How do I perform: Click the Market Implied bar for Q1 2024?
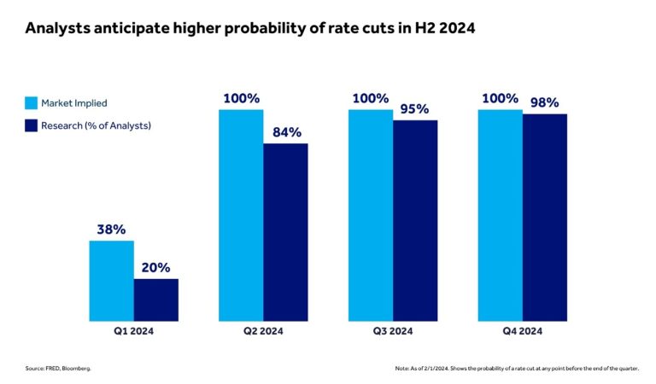111,281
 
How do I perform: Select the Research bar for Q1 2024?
156,300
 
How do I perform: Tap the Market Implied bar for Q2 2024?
241,215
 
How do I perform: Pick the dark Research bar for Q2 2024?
285,232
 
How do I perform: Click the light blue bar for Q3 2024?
371,215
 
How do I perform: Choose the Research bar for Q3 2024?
415,220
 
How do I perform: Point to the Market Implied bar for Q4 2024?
500,215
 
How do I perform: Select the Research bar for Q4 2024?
545,217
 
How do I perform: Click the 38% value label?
111,230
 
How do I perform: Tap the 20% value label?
156,267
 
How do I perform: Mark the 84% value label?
285,132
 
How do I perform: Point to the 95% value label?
414,109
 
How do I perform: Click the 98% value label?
544,102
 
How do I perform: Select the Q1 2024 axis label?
134,330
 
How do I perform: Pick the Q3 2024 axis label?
393,330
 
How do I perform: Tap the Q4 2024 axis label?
522,330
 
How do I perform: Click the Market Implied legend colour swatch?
31,103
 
